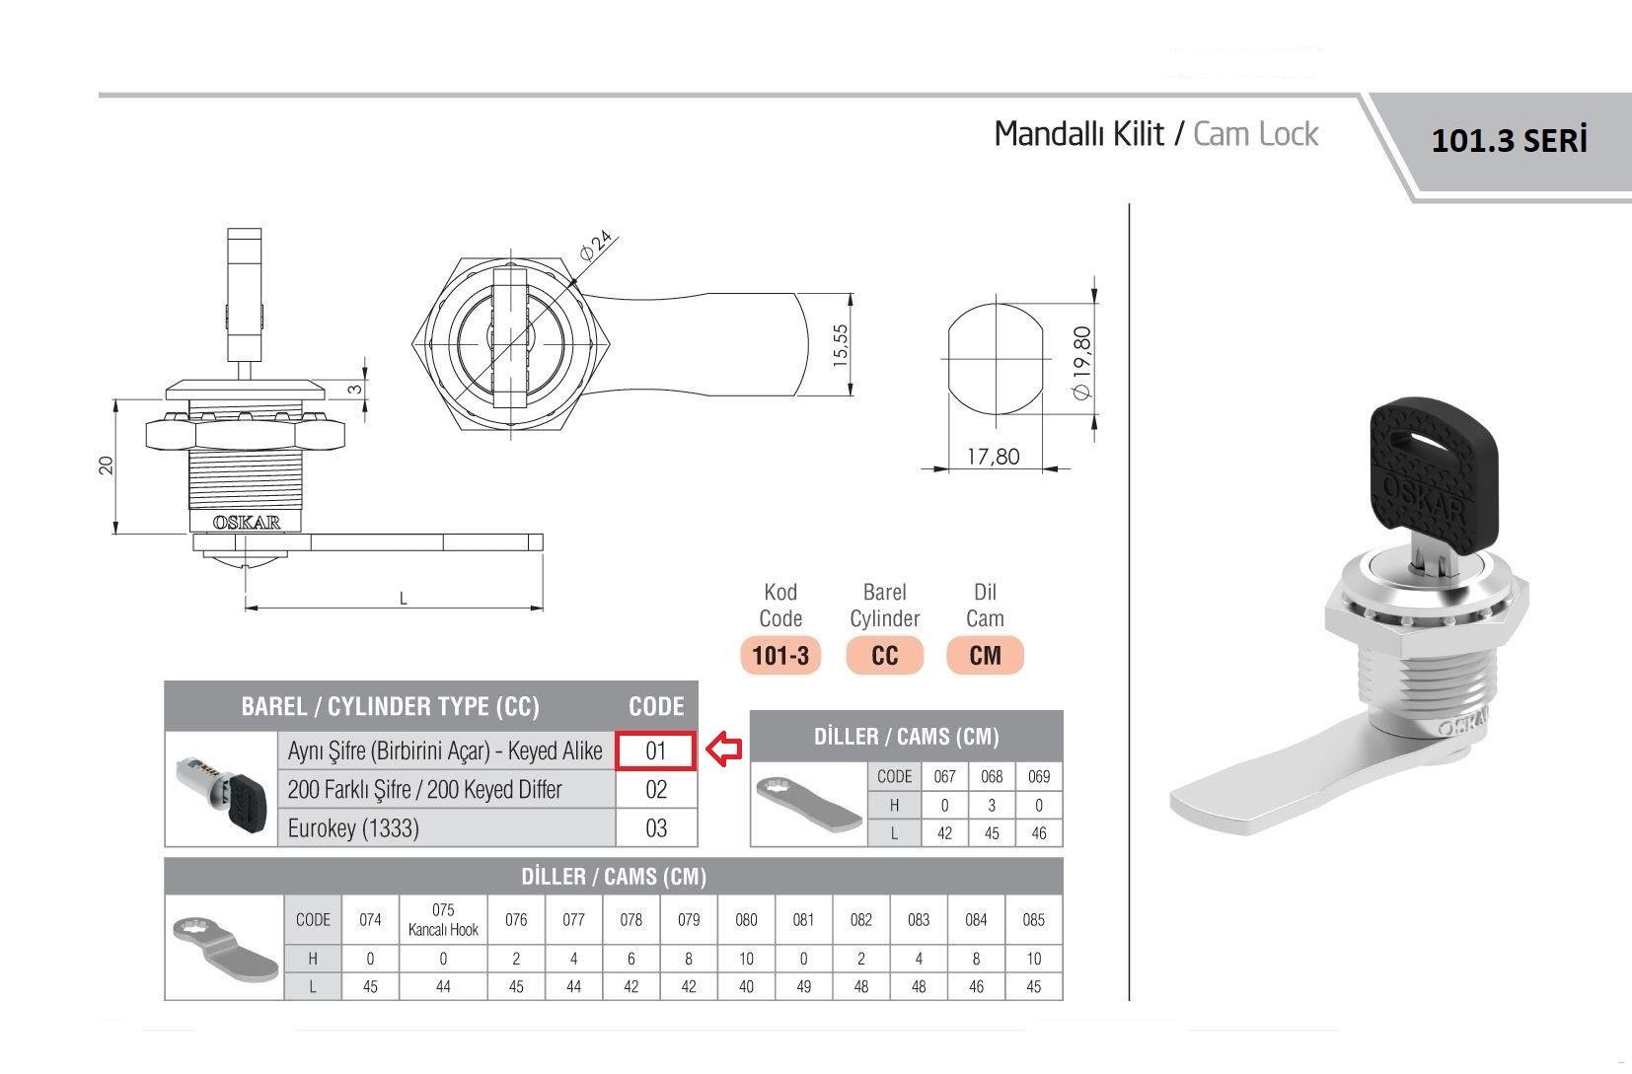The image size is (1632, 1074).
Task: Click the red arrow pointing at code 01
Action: pyautogui.click(x=723, y=751)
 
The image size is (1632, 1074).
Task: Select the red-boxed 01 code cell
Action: pyautogui.click(x=656, y=751)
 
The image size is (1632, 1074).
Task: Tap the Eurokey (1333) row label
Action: pyautogui.click(x=353, y=828)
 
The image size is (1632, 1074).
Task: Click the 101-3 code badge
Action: pyautogui.click(x=780, y=655)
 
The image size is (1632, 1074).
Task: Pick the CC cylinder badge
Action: pyautogui.click(x=884, y=655)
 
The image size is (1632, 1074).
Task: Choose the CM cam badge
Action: pyautogui.click(x=985, y=655)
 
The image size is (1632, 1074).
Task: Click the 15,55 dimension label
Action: pyautogui.click(x=840, y=345)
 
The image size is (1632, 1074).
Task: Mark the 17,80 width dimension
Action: pyautogui.click(x=993, y=457)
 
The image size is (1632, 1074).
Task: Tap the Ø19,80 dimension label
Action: pyautogui.click(x=1082, y=363)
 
